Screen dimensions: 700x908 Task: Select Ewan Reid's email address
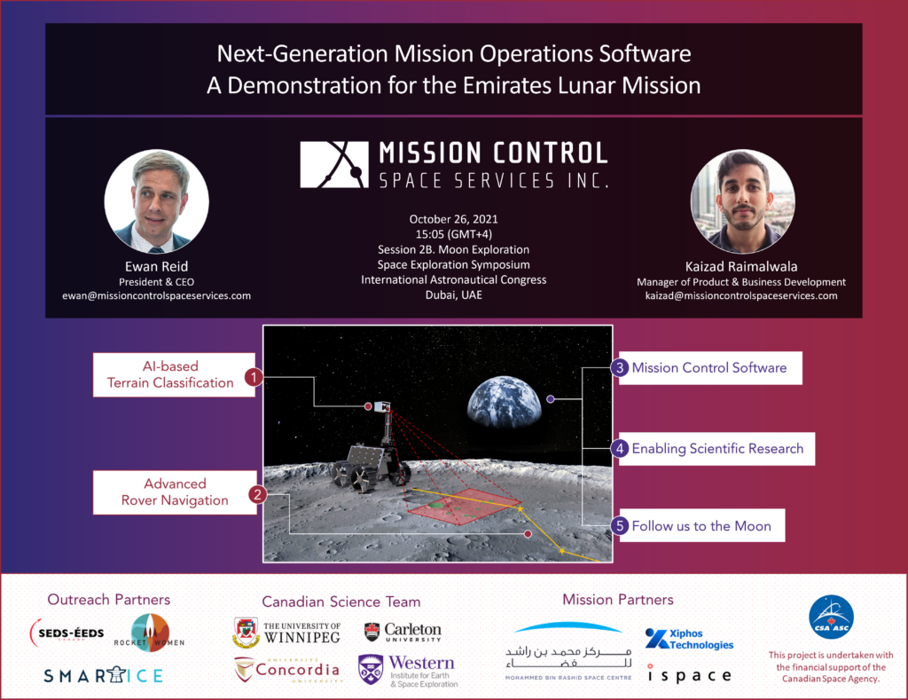pyautogui.click(x=156, y=295)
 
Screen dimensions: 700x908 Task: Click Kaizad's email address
pyautogui.click(x=741, y=295)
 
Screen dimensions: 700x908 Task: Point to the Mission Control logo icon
pyautogui.click(x=333, y=164)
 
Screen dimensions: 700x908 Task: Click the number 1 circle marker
pyautogui.click(x=254, y=376)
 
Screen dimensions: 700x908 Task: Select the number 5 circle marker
pyautogui.click(x=621, y=525)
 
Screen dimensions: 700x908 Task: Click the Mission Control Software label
pyautogui.click(x=709, y=367)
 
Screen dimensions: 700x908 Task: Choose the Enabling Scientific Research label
pyautogui.click(x=717, y=449)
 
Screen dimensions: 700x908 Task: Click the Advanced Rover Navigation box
pyautogui.click(x=175, y=492)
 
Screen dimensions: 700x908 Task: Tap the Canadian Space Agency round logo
pyautogui.click(x=831, y=617)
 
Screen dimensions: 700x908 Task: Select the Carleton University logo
pyautogui.click(x=403, y=632)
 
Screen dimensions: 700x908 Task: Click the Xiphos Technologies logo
pyautogui.click(x=689, y=639)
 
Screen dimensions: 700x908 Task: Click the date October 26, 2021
pyautogui.click(x=453, y=219)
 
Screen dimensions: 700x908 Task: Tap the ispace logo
pyautogui.click(x=689, y=674)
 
